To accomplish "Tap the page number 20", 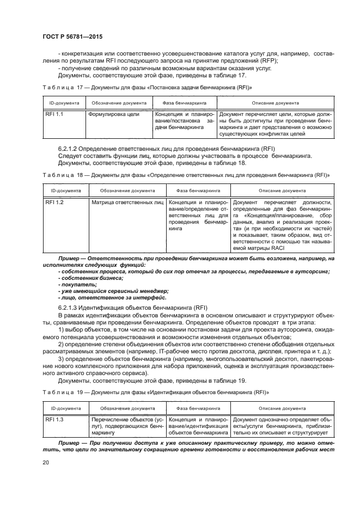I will (x=46, y=463).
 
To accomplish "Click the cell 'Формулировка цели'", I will (x=113, y=115).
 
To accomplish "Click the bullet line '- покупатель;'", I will (x=77, y=284).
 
